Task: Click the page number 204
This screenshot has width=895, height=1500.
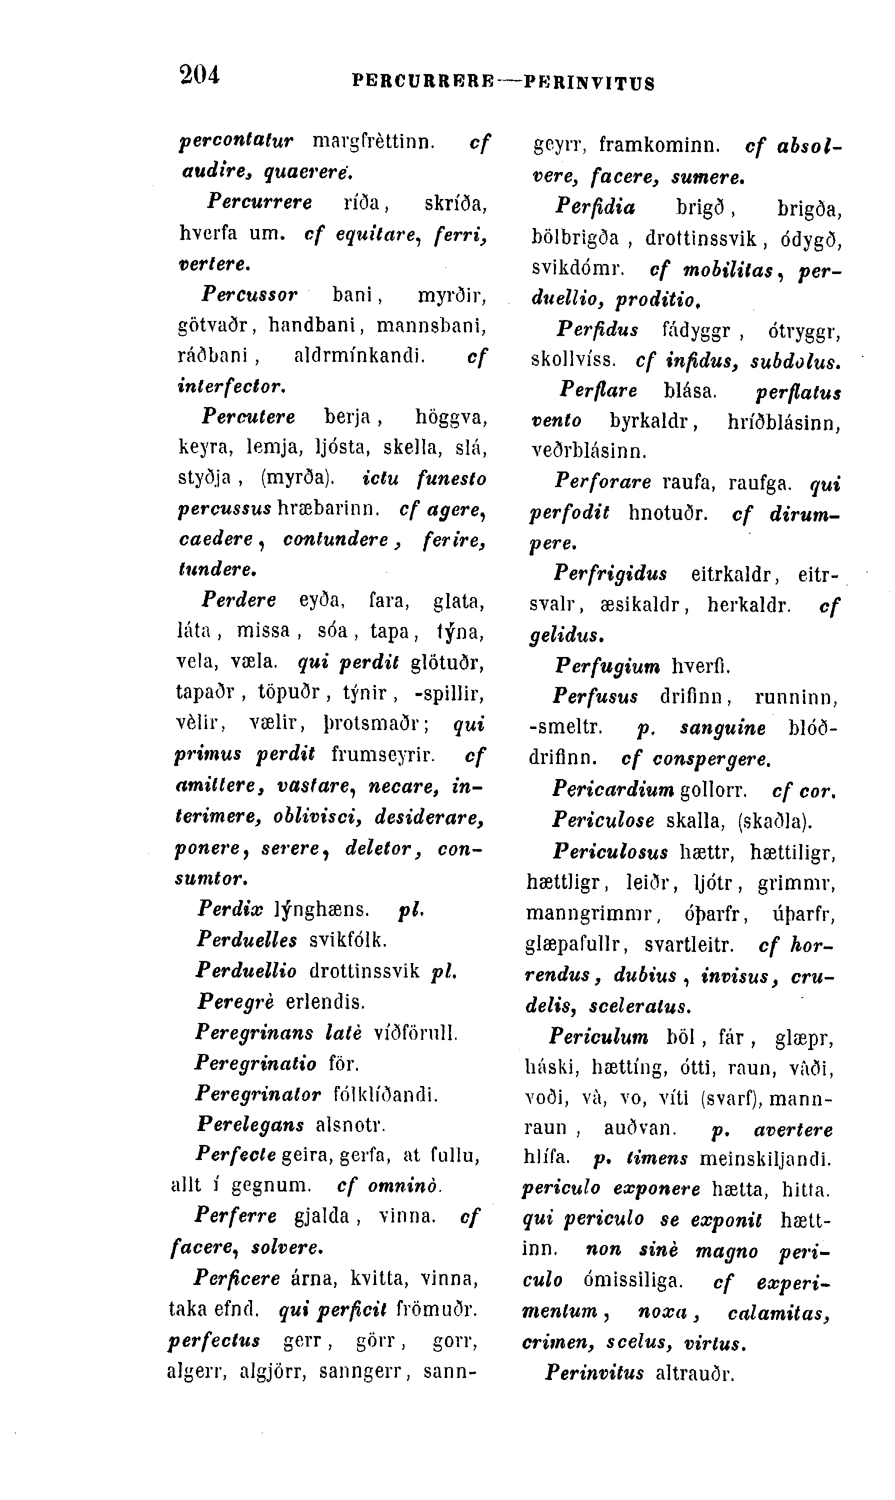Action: click(199, 75)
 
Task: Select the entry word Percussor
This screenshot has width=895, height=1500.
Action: click(249, 295)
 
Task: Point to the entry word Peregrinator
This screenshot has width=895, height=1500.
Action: click(258, 1094)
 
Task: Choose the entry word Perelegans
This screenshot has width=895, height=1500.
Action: click(249, 1125)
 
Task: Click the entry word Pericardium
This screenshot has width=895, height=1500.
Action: click(612, 790)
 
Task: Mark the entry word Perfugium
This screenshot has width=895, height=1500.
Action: click(607, 666)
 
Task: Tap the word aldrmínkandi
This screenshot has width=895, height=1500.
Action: click(359, 356)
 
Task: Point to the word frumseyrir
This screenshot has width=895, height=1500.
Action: click(383, 754)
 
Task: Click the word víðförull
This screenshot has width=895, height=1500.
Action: click(416, 1033)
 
